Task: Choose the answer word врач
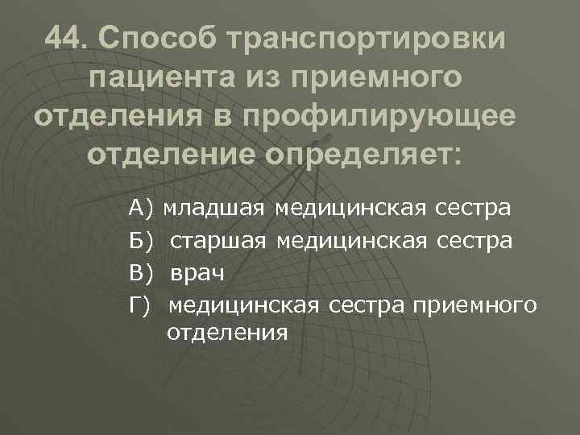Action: click(x=197, y=271)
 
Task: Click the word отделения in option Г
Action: click(x=226, y=331)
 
